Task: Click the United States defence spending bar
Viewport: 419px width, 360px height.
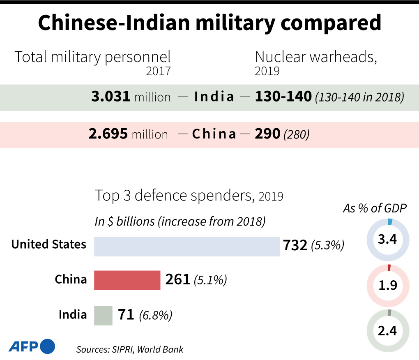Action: point(187,247)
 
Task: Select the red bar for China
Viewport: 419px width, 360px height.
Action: point(127,280)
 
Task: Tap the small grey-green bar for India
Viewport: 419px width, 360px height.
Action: point(103,316)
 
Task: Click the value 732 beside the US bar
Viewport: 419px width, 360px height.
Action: point(295,246)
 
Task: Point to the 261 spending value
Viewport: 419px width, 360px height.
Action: point(177,280)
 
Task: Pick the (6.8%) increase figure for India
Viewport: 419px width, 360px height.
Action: point(156,316)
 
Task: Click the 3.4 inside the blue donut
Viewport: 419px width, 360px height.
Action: point(387,239)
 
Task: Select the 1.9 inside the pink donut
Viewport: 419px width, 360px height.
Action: point(387,285)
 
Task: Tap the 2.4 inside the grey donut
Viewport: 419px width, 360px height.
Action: point(387,330)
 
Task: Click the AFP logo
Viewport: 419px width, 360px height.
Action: point(32,346)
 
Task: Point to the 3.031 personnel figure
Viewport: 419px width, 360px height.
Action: point(111,97)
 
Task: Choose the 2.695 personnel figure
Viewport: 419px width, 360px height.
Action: point(108,134)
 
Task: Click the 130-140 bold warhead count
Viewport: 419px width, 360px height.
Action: point(283,97)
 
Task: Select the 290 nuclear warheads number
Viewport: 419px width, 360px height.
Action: point(268,134)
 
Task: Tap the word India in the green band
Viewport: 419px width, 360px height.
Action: point(214,97)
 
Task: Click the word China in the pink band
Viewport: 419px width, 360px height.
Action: point(214,134)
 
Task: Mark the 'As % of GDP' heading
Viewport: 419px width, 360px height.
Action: point(375,208)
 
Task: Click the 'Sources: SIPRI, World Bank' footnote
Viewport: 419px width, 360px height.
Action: point(130,349)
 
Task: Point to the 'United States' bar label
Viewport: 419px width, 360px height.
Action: point(49,245)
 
